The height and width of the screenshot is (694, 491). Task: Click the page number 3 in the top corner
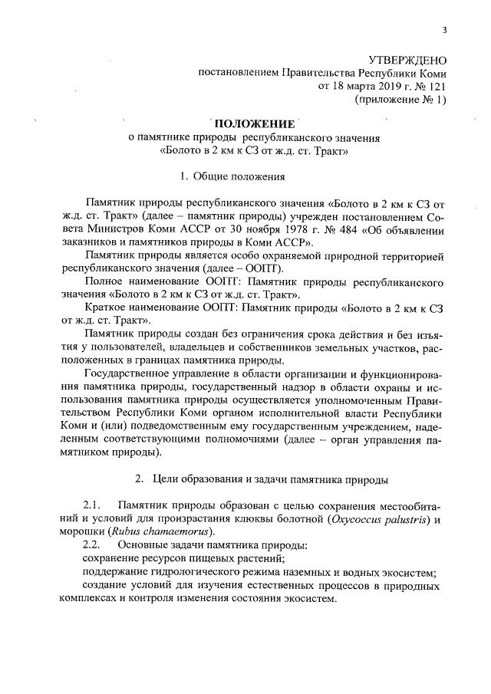[x=444, y=30]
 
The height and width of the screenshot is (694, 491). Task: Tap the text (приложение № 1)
[x=399, y=100]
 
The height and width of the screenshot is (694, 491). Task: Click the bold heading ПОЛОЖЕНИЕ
[x=253, y=123]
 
